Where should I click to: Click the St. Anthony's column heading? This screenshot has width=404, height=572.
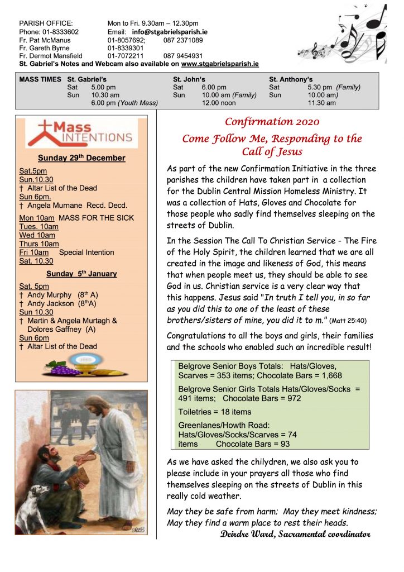click(291, 79)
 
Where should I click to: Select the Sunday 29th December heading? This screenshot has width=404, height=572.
click(81, 158)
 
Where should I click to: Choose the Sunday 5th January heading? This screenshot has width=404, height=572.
click(81, 274)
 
